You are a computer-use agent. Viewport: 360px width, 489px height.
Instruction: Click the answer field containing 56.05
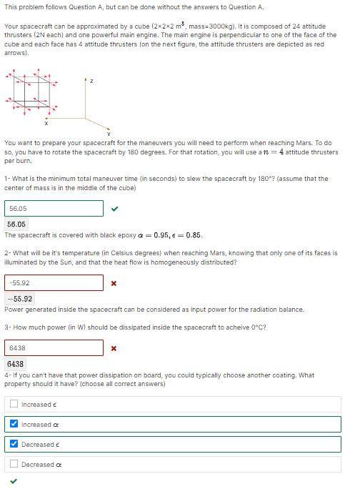[x=54, y=209]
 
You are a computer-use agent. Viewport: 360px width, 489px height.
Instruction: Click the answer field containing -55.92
[x=54, y=283]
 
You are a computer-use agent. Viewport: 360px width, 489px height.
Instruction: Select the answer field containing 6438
[x=54, y=348]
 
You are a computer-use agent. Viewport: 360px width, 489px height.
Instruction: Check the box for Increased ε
[x=14, y=404]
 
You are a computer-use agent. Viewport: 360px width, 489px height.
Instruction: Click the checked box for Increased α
[x=14, y=424]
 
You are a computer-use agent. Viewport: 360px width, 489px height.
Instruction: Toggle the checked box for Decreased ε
[x=14, y=444]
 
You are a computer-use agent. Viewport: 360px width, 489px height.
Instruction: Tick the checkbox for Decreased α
[x=14, y=464]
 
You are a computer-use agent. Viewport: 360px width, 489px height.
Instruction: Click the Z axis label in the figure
[x=91, y=81]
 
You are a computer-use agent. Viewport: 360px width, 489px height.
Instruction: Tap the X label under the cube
[x=46, y=124]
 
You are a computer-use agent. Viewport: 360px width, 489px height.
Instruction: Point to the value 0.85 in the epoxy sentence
[x=194, y=234]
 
